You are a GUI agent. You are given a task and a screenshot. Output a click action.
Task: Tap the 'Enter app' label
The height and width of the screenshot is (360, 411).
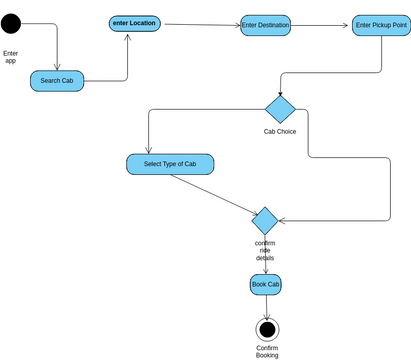(11, 56)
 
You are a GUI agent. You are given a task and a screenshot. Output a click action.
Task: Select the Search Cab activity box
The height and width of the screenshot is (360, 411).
(57, 80)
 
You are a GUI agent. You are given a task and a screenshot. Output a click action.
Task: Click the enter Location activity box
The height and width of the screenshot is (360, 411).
(134, 23)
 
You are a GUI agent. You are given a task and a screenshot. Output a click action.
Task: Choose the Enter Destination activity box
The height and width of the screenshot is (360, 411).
(265, 25)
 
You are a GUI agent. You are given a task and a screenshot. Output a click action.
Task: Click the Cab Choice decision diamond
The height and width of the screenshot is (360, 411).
(280, 109)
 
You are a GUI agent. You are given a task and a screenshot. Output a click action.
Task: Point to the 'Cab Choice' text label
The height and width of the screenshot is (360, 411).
(279, 132)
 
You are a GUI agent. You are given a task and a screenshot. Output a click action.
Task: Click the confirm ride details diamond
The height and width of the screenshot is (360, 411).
(265, 220)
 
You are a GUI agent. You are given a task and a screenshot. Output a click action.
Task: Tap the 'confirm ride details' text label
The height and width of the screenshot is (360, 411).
(265, 250)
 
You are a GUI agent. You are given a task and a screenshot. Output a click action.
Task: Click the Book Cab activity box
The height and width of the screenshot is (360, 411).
(265, 285)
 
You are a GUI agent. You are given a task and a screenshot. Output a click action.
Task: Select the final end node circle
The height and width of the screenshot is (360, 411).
(266, 329)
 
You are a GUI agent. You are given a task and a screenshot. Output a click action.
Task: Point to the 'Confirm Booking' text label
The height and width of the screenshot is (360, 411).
(267, 351)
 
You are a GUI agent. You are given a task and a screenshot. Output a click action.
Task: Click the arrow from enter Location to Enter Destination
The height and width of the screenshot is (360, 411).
(201, 24)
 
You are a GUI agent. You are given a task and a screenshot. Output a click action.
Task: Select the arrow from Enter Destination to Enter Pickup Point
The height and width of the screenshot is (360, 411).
(321, 25)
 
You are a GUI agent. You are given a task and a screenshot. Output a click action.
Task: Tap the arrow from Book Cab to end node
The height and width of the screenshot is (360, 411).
(265, 307)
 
